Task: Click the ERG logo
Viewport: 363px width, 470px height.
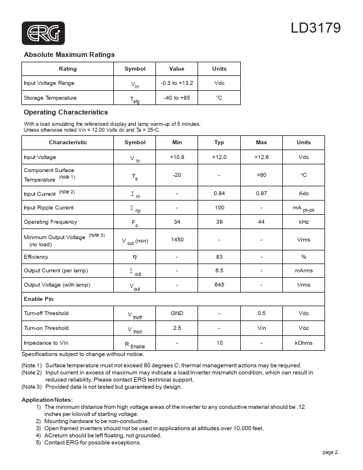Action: click(x=43, y=33)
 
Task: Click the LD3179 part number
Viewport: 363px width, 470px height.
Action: click(x=315, y=28)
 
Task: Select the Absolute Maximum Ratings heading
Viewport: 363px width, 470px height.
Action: click(x=69, y=55)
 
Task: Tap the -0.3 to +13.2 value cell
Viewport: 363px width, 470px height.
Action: click(x=177, y=83)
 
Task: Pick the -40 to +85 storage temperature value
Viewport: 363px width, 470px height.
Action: click(x=177, y=97)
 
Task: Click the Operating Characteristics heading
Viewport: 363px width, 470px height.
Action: click(x=65, y=112)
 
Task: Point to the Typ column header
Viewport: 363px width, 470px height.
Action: click(x=219, y=142)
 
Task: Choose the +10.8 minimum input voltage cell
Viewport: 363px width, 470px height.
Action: click(x=177, y=157)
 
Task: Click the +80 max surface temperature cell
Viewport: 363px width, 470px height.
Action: click(x=261, y=175)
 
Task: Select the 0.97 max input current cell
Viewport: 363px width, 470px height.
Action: click(x=261, y=193)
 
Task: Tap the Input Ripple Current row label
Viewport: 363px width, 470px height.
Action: click(x=49, y=208)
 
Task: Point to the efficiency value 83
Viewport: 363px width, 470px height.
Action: click(x=219, y=257)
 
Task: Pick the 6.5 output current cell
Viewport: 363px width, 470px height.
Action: click(x=219, y=271)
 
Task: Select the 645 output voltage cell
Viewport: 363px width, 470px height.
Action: click(x=219, y=285)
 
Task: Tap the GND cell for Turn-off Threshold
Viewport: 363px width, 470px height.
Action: click(x=177, y=313)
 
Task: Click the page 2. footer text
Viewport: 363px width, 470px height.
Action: click(x=331, y=452)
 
